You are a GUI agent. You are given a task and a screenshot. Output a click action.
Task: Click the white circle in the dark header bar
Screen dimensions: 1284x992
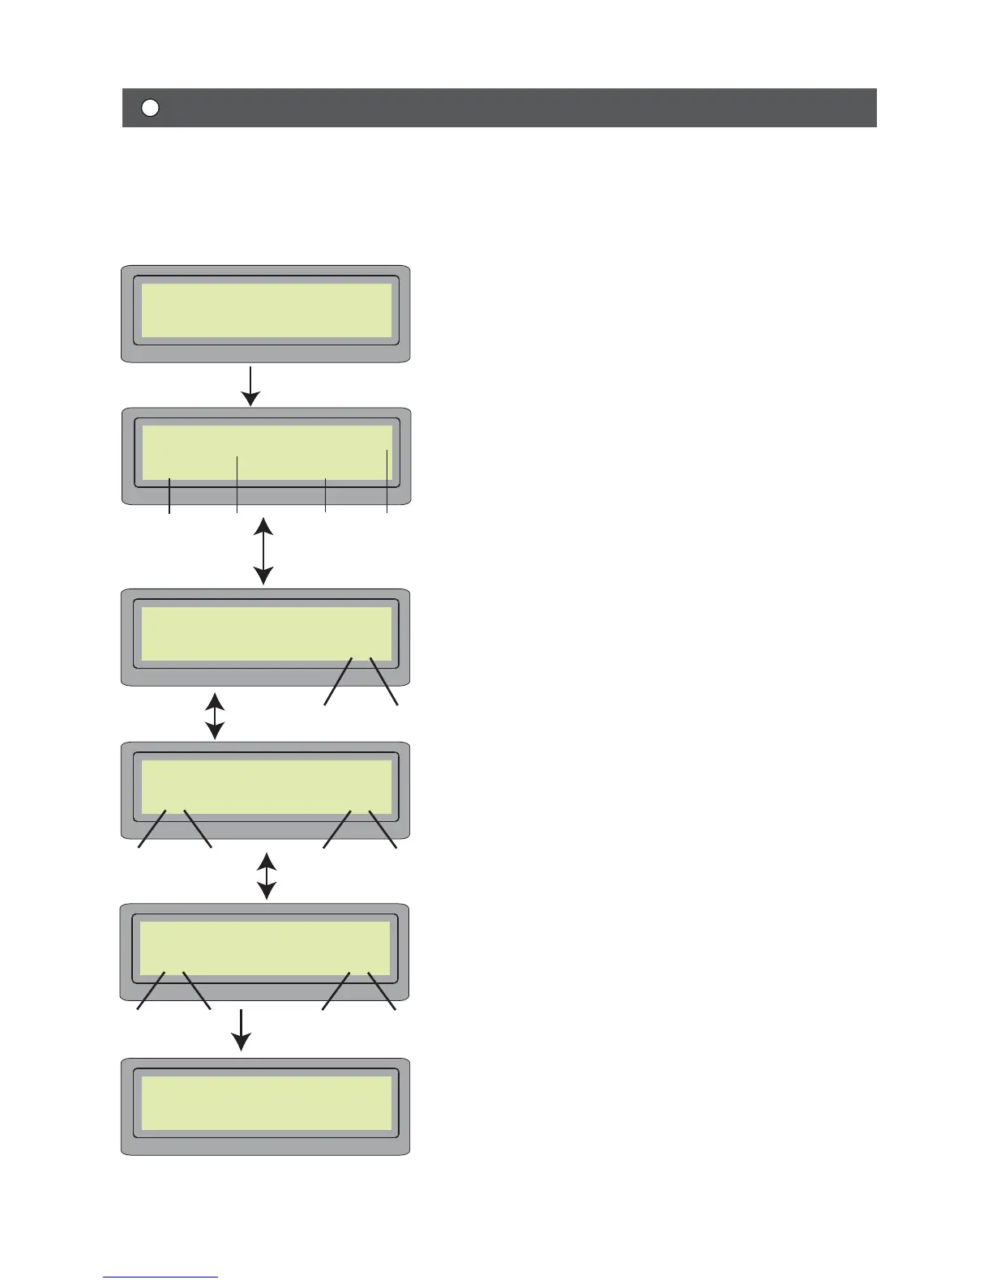coord(150,108)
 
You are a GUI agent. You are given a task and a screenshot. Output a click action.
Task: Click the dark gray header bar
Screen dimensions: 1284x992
coord(519,108)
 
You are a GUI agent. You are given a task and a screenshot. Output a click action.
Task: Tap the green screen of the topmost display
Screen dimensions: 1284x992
coord(267,310)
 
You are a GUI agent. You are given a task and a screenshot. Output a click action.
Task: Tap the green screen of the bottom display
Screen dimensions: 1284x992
coord(267,1103)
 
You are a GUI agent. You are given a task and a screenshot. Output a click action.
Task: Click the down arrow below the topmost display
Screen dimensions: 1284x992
coord(251,386)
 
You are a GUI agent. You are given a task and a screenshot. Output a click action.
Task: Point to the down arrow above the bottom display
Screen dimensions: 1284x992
coord(241,1029)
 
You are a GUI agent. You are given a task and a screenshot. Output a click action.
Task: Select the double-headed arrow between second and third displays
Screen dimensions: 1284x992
coord(263,551)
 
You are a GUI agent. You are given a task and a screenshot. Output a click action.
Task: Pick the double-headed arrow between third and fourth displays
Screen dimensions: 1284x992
coord(215,716)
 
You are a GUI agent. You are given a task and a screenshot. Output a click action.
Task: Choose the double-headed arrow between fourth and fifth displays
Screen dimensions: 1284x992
coord(267,875)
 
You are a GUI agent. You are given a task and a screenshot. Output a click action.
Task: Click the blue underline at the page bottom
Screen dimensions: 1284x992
coord(160,1278)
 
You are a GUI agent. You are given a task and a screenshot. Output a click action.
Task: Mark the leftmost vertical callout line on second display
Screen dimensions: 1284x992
coord(169,496)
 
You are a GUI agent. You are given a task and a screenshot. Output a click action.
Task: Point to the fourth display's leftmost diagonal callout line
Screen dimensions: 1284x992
coord(152,828)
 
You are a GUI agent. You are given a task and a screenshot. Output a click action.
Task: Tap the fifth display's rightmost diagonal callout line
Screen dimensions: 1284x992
coord(381,991)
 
